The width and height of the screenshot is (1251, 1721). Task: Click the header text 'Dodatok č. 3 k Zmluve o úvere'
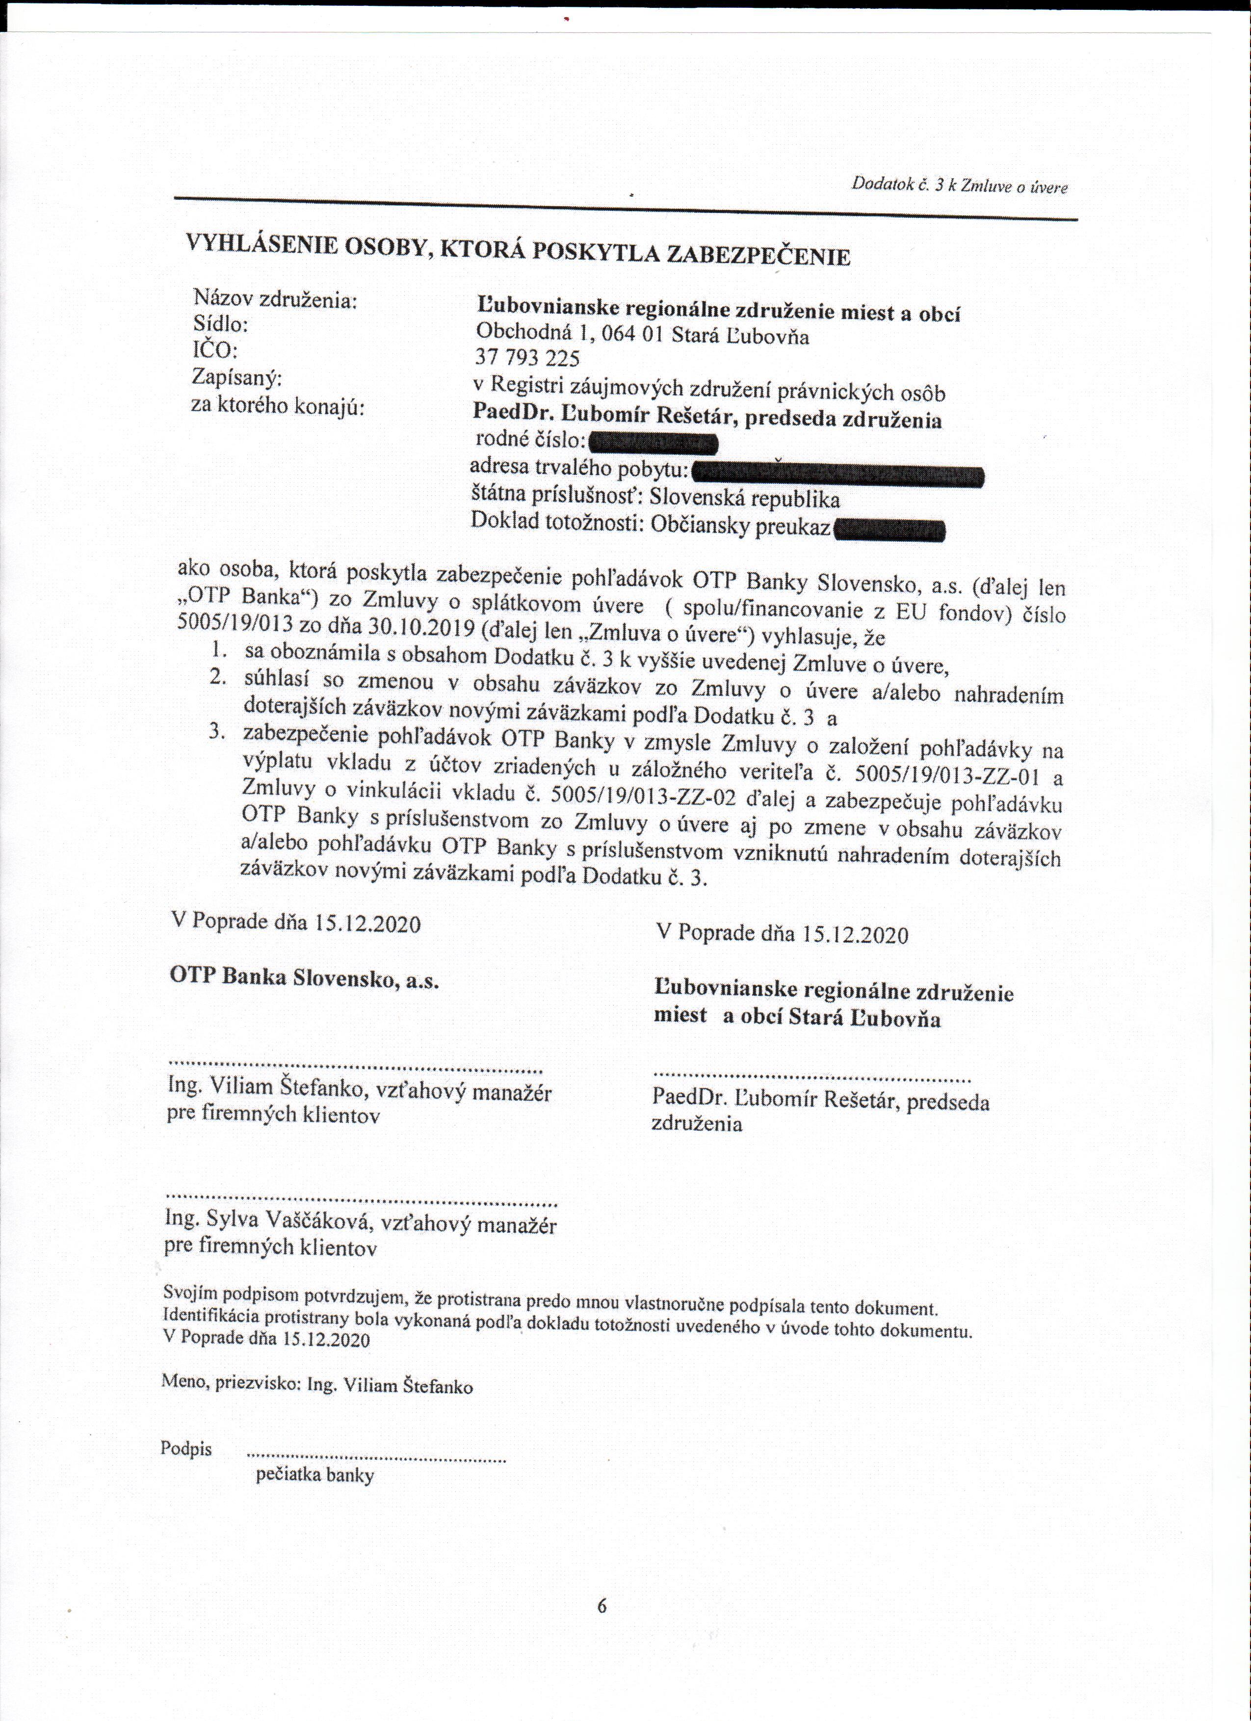[960, 185]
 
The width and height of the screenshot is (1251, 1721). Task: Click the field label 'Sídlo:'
[221, 325]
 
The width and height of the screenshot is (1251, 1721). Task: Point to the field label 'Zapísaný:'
[238, 377]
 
